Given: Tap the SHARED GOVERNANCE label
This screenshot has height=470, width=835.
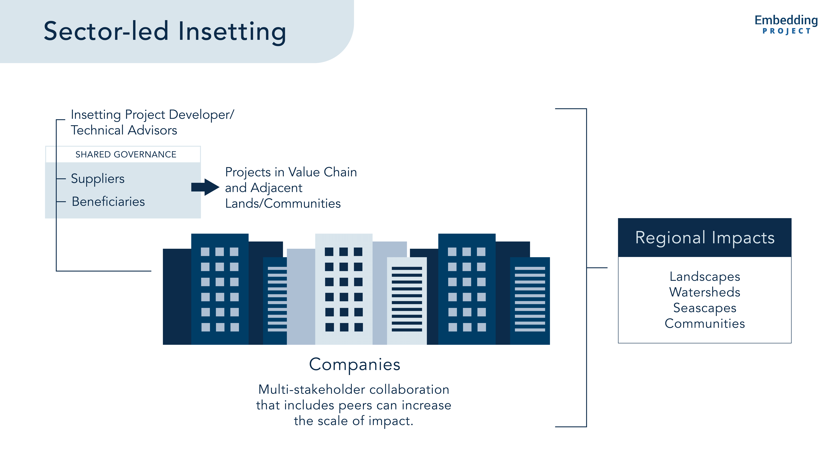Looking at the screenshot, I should [x=126, y=154].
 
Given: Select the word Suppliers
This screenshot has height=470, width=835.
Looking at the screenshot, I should [x=98, y=179].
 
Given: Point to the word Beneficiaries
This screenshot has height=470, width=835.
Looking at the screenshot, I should [x=108, y=202].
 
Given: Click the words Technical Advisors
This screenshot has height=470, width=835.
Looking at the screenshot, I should [x=124, y=130].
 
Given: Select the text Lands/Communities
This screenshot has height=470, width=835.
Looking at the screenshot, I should [x=283, y=204].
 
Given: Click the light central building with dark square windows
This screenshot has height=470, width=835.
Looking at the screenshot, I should [x=344, y=289].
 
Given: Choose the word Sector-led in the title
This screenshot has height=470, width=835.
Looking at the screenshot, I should [x=106, y=31].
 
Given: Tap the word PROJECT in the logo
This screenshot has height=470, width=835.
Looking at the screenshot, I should [x=786, y=31].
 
